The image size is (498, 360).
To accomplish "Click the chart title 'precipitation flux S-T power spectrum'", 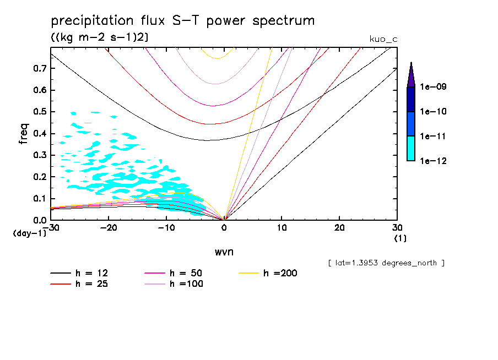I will pos(182,21).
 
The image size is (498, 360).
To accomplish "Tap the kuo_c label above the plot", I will pos(383,39).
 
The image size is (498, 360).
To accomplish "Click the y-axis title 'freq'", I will pos(24,134).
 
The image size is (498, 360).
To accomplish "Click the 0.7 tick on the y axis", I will pos(39,68).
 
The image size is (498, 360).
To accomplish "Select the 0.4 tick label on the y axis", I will pos(39,134).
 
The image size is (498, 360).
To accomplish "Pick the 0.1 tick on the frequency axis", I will pos(39,199).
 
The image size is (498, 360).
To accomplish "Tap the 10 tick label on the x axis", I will pos(282,228).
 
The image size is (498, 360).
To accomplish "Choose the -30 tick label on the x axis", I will pos(51,228).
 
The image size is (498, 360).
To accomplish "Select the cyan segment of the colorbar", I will pos(411,148).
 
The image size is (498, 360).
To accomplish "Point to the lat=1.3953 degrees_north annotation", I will pos(386,263).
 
